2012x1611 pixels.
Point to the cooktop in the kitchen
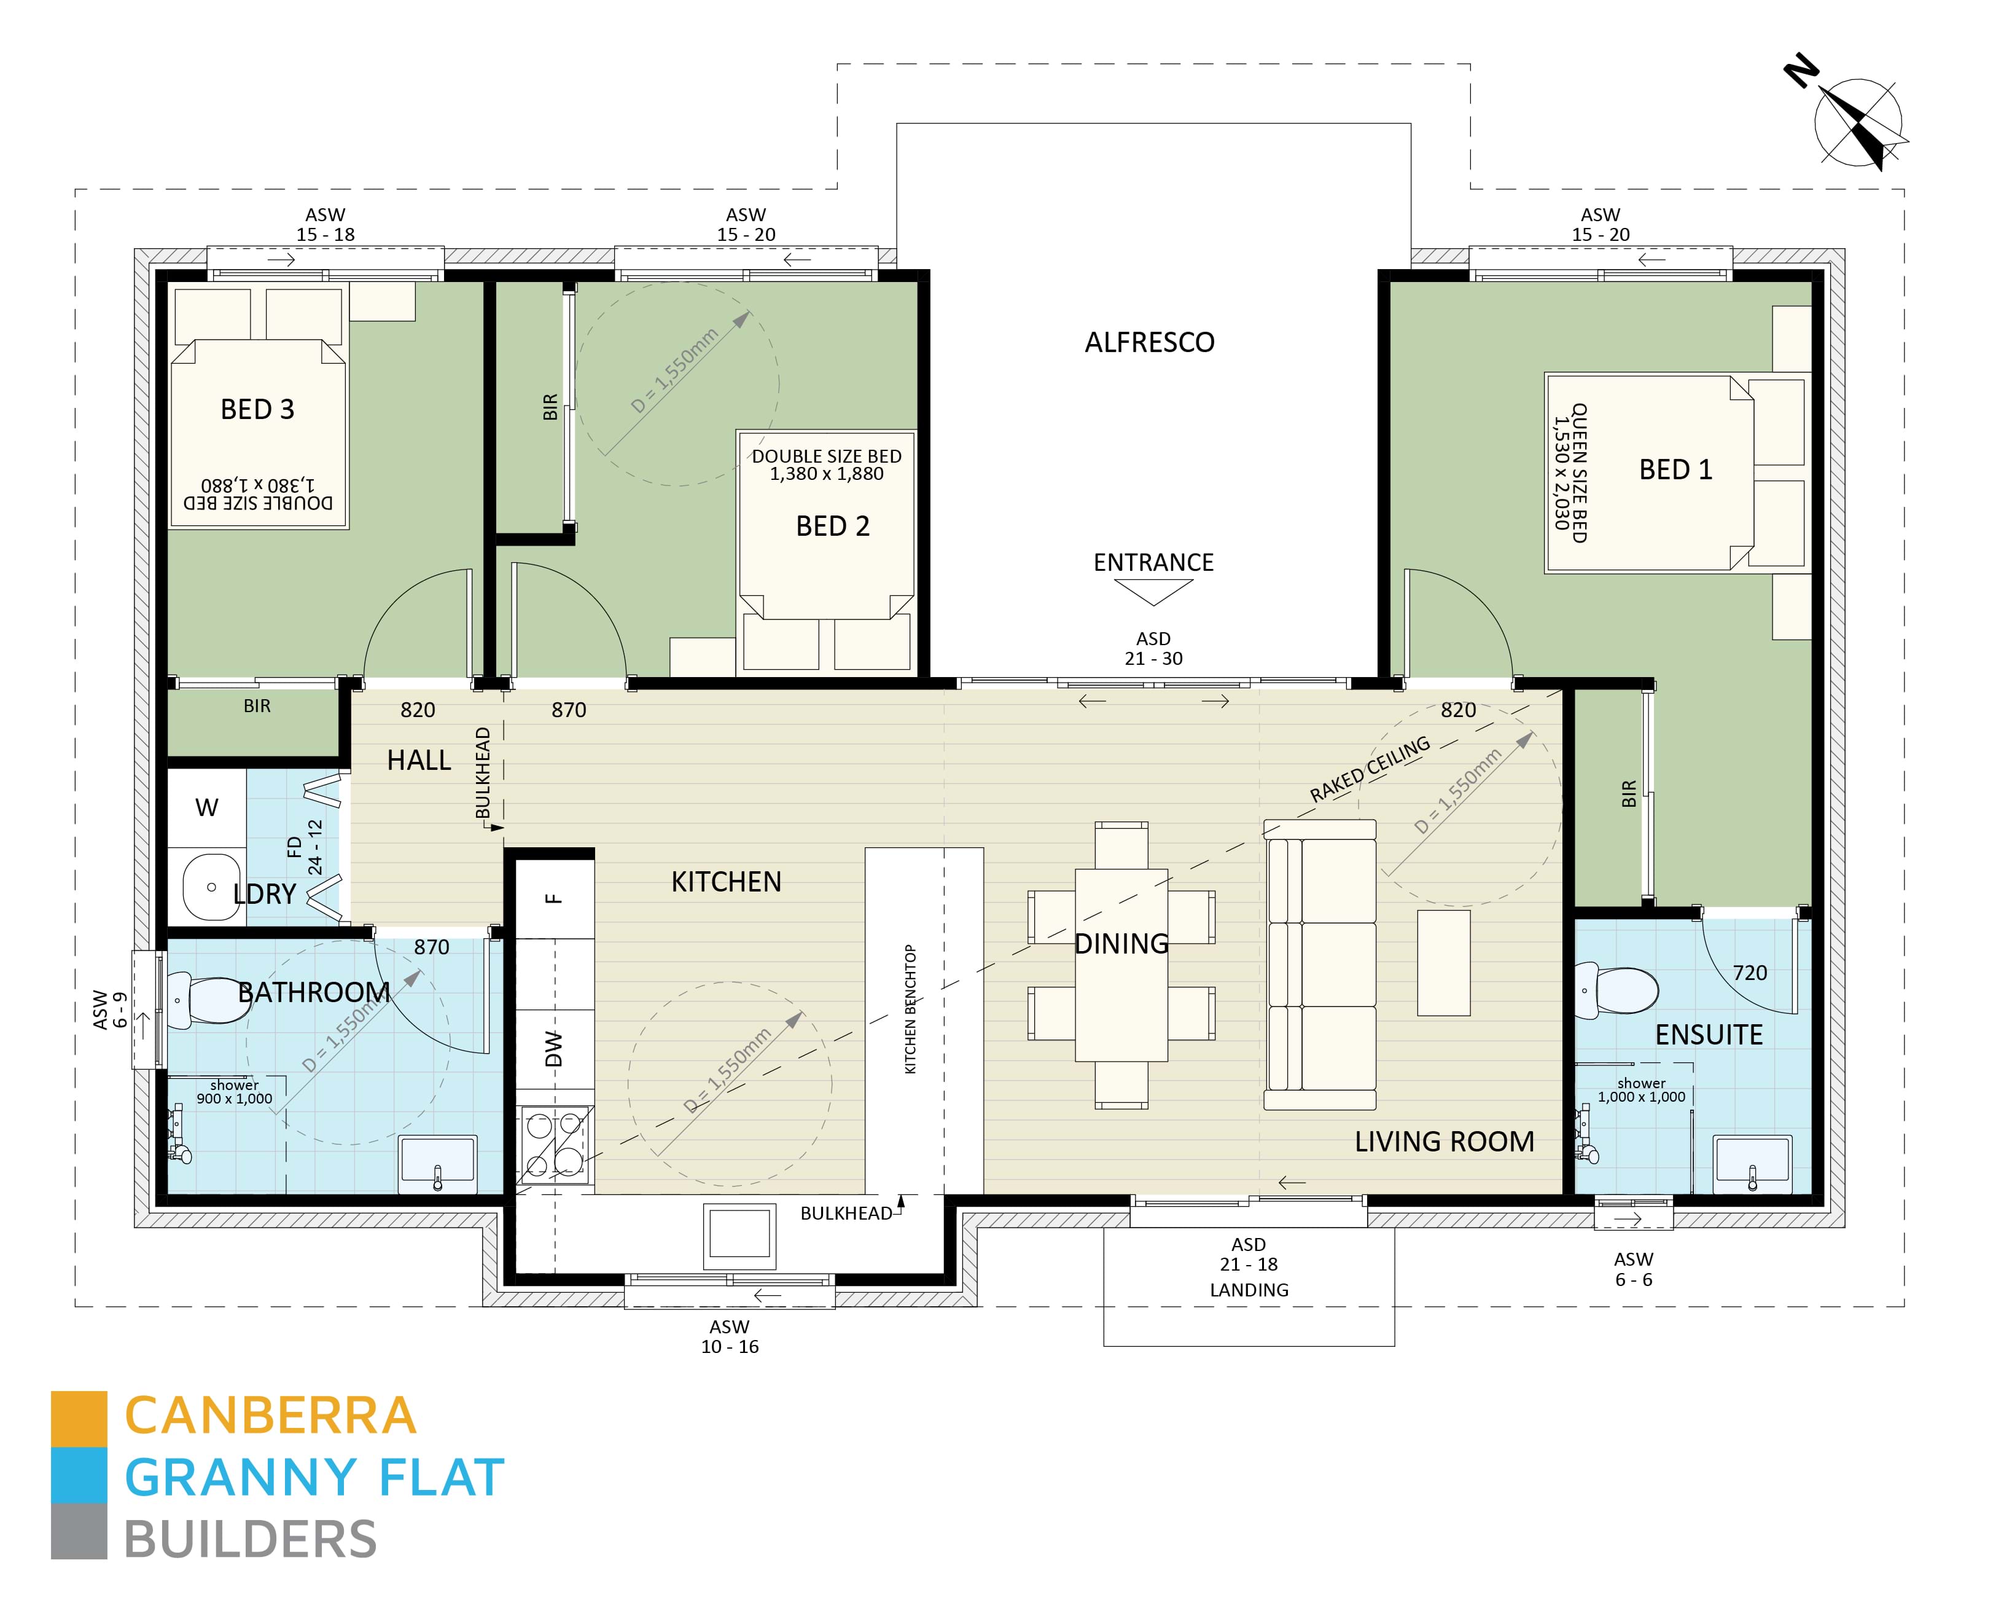click(555, 1144)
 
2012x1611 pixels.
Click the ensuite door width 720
click(1750, 973)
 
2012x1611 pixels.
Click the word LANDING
click(1249, 1290)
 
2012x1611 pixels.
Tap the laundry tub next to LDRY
click(211, 887)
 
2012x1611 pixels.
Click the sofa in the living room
click(1320, 965)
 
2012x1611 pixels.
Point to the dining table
click(1121, 965)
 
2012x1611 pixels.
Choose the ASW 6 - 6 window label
click(1633, 1269)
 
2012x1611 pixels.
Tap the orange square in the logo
click(79, 1419)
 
